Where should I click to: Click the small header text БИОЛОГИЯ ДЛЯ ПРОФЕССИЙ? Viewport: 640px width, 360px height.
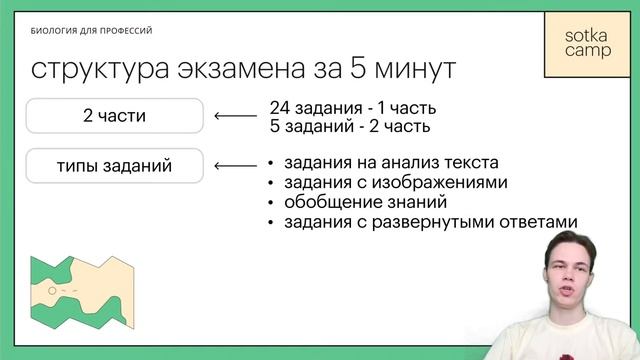(x=91, y=31)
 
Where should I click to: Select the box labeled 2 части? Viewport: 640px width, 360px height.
(x=114, y=116)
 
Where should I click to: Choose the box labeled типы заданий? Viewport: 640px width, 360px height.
(x=114, y=166)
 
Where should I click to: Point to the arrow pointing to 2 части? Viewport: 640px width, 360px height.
(x=235, y=116)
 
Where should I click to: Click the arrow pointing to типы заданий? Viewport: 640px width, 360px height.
(x=235, y=166)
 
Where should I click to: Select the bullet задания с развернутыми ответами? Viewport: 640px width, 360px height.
(x=431, y=222)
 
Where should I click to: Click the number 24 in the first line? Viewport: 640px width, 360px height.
(x=279, y=107)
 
